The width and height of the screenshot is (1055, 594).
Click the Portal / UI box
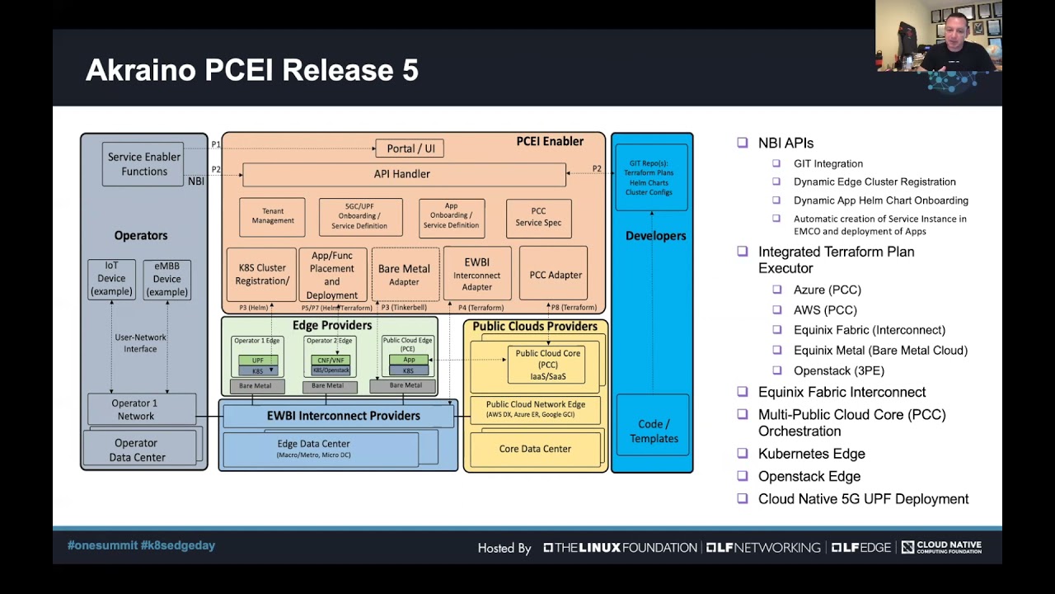pyautogui.click(x=410, y=148)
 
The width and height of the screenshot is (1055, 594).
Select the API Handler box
pyautogui.click(x=404, y=174)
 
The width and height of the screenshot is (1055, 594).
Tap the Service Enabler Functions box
pyautogui.click(x=144, y=164)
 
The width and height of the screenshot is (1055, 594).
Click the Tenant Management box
pyautogui.click(x=273, y=217)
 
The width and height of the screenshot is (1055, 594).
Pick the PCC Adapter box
pyautogui.click(x=555, y=275)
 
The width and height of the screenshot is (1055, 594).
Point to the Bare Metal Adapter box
pyautogui.click(x=405, y=275)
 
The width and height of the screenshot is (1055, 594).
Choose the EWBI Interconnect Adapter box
pyautogui.click(x=477, y=275)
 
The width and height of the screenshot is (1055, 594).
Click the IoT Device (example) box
pyautogui.click(x=111, y=280)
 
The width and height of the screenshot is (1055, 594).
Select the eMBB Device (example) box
pyautogui.click(x=166, y=280)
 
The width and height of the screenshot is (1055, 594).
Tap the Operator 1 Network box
pyautogui.click(x=134, y=409)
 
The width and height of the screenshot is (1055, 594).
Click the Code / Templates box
pyautogui.click(x=654, y=431)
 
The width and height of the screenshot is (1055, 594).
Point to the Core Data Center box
pyautogui.click(x=535, y=449)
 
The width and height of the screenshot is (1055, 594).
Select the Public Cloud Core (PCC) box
pyautogui.click(x=547, y=365)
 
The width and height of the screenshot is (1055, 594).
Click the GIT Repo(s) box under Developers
pyautogui.click(x=651, y=177)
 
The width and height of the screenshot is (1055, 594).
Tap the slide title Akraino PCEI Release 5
pyautogui.click(x=252, y=70)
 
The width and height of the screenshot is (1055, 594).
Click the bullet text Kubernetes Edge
pyautogui.click(x=811, y=454)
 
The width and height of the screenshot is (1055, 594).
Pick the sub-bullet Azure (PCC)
pyautogui.click(x=827, y=290)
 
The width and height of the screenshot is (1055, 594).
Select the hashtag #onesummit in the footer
pyautogui.click(x=102, y=545)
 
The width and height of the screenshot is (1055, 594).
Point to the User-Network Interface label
pyautogui.click(x=140, y=342)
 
